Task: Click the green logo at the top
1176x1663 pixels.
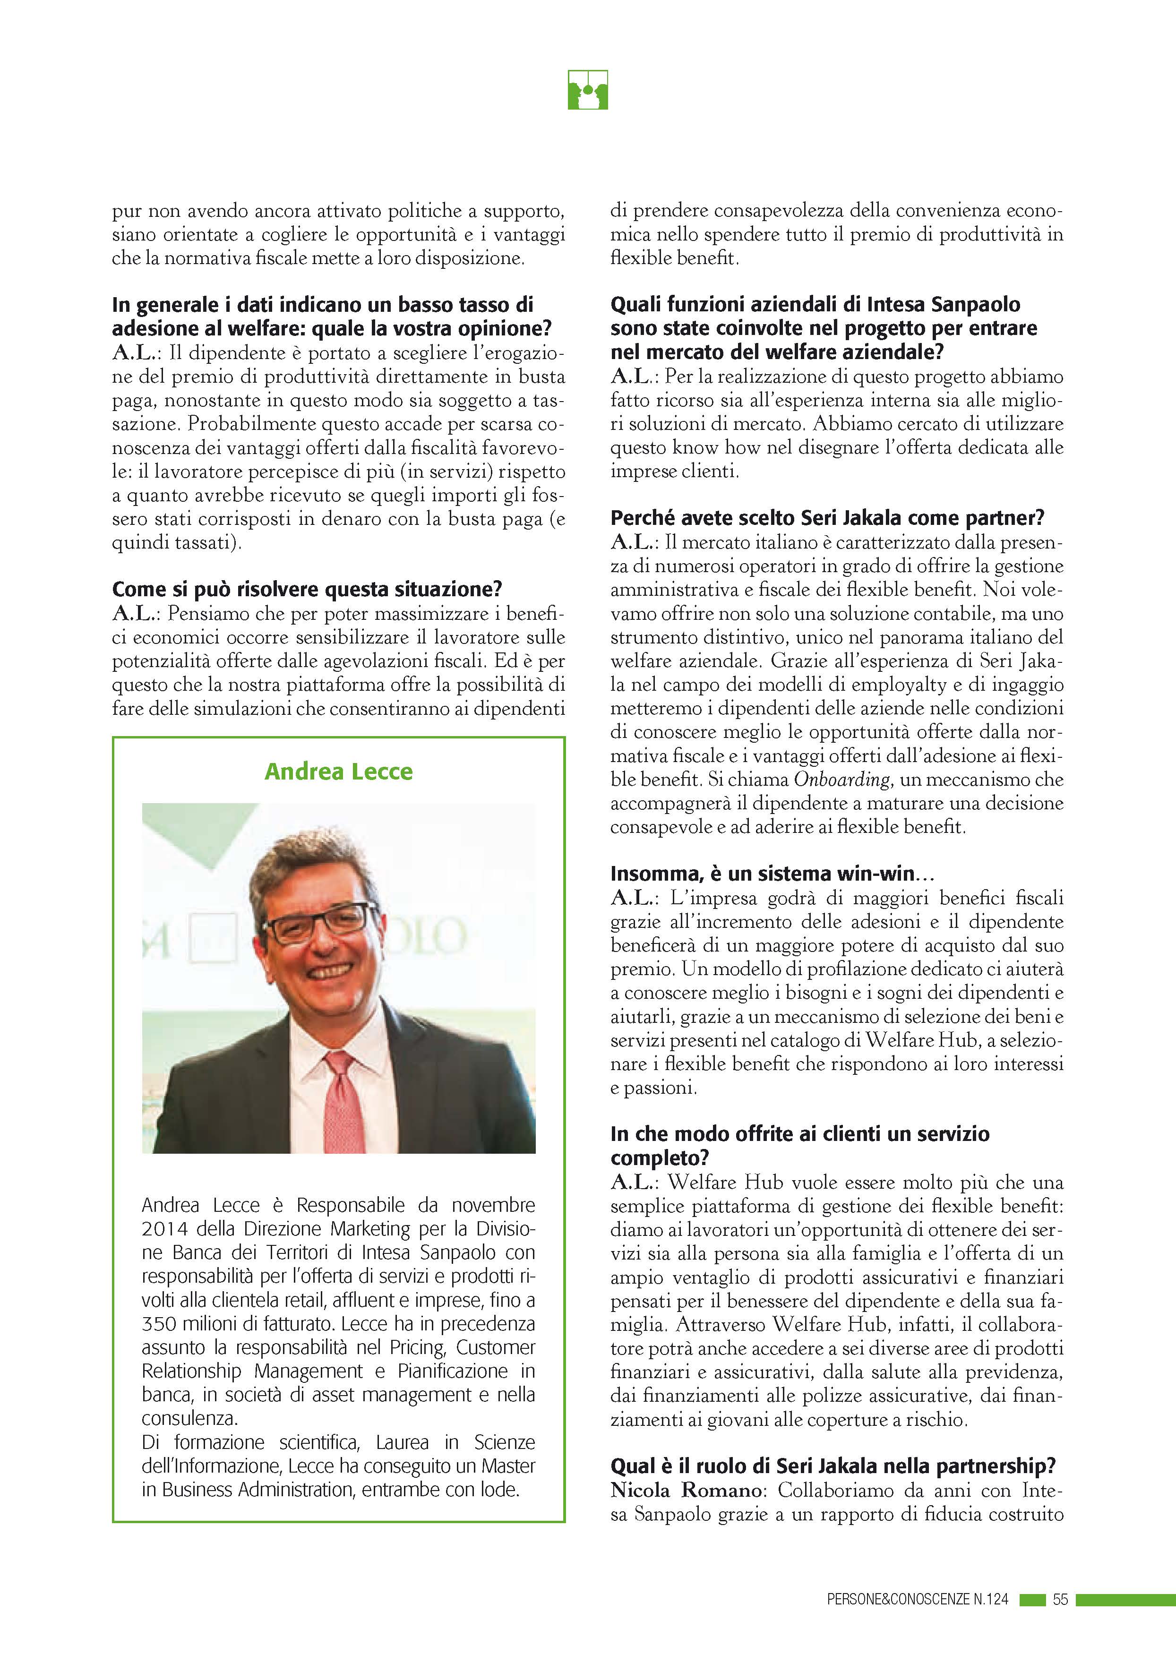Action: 587,90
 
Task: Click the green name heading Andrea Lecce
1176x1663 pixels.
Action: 338,771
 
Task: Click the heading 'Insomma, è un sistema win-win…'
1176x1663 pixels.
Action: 772,874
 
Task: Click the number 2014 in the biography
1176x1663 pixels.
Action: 164,1228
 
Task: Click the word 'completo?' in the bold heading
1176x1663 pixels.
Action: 660,1157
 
